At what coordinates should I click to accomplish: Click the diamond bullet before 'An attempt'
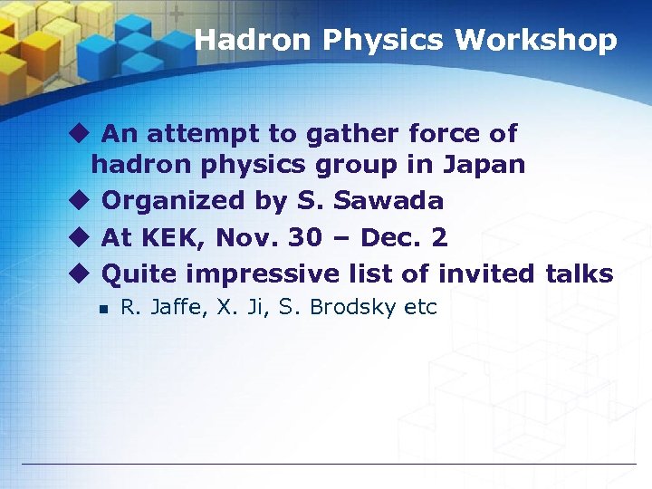coord(79,134)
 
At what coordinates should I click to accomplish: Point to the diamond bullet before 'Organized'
coord(79,200)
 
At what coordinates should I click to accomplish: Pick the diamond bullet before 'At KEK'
coord(79,237)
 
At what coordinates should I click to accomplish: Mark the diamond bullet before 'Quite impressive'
coord(79,273)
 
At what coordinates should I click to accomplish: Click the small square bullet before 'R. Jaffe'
coord(104,309)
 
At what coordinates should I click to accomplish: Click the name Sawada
coord(399,200)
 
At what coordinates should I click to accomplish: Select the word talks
coord(580,273)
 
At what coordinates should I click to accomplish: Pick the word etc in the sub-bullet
coord(420,308)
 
